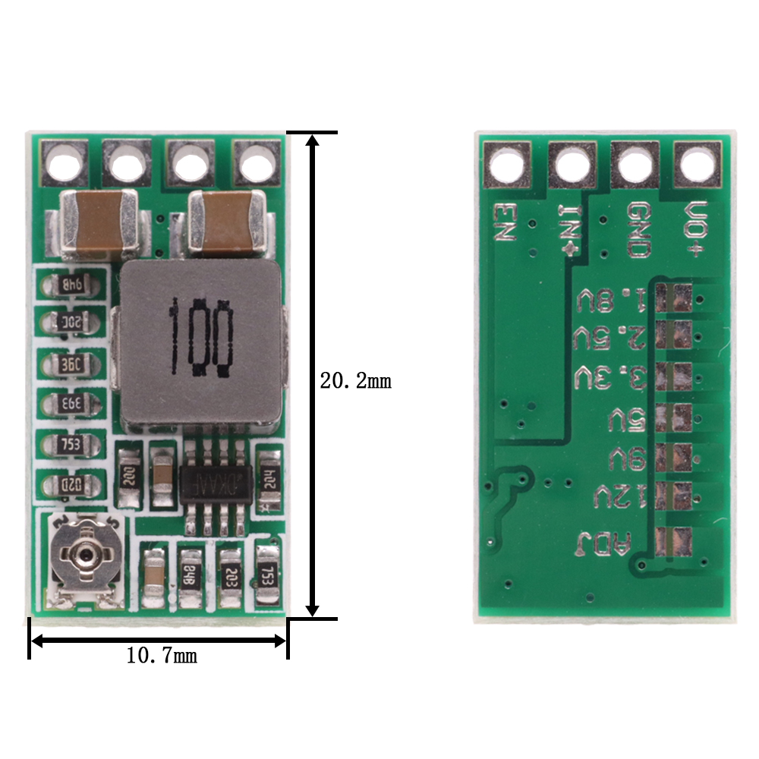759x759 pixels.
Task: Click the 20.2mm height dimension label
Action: pyautogui.click(x=355, y=380)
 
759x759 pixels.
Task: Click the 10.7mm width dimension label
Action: pyautogui.click(x=161, y=655)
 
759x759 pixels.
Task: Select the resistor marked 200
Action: pyautogui.click(x=130, y=476)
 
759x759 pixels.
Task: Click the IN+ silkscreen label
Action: pyautogui.click(x=571, y=228)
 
